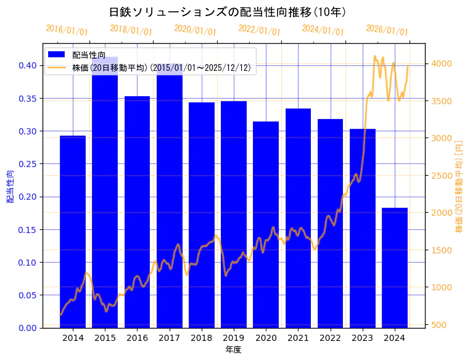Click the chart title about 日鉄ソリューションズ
point(228,12)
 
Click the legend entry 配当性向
point(89,55)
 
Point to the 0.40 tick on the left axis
point(27,66)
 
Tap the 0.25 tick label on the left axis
point(27,164)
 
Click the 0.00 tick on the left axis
point(27,328)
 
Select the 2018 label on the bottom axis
point(202,338)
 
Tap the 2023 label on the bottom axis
point(362,338)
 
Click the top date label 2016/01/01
point(67,30)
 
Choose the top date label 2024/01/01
point(323,30)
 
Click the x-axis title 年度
point(233,350)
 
